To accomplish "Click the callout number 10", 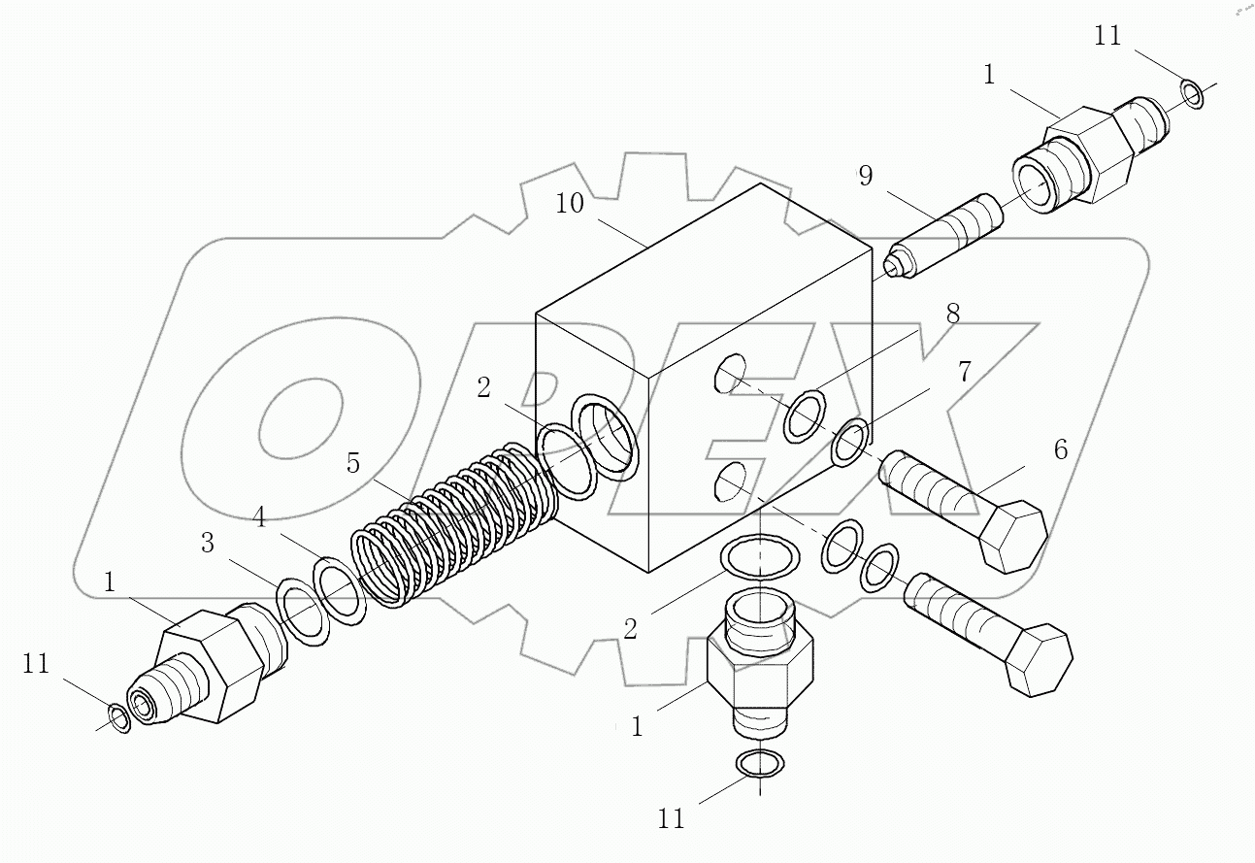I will pos(571,205).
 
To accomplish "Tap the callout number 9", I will pos(865,177).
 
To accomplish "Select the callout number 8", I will pos(952,314).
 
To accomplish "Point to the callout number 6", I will pos(1060,449).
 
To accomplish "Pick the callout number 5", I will pos(353,464).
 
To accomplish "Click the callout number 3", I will pos(208,544).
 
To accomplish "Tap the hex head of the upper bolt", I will pos(1013,536).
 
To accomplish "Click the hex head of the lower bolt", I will pos(1038,660).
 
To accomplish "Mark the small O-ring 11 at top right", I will pos(1192,95).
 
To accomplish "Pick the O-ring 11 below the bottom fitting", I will pos(758,764).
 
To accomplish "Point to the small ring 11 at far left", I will pos(117,717).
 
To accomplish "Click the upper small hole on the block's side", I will pos(730,374).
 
